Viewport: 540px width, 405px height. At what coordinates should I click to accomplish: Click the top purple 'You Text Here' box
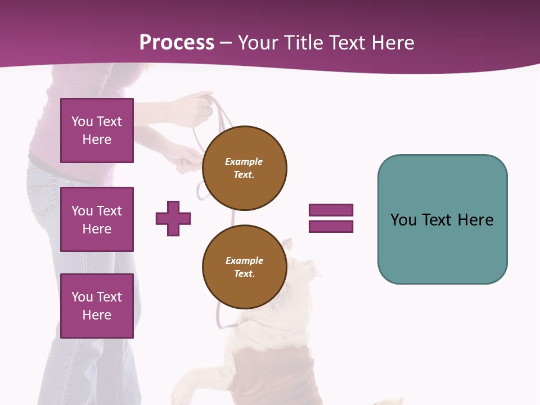(x=97, y=130)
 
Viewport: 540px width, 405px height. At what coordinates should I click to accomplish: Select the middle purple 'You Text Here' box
(x=97, y=219)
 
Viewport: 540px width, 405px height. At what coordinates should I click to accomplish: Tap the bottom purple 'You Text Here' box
(x=97, y=306)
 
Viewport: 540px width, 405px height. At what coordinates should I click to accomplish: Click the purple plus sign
(x=173, y=218)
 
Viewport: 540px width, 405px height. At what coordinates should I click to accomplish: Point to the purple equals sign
(x=331, y=218)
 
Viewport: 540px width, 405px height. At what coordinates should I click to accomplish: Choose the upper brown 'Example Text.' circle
(x=244, y=168)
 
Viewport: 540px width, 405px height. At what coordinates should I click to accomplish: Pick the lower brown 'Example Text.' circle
(x=244, y=267)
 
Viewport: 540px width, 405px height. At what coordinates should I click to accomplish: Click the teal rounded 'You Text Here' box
(x=442, y=219)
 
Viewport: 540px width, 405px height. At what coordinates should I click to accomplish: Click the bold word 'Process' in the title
(x=177, y=42)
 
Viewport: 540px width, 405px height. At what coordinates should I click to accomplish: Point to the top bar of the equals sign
(x=331, y=210)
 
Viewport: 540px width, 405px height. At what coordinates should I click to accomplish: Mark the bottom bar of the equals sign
(x=331, y=227)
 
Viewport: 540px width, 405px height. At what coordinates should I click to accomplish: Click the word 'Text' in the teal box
(x=439, y=219)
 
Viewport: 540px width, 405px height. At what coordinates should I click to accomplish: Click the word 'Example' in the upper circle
(x=244, y=161)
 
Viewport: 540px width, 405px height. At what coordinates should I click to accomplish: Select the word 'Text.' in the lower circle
(x=244, y=273)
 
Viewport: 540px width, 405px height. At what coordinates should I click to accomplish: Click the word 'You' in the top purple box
(x=82, y=121)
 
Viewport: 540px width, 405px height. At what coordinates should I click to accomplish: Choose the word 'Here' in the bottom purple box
(x=97, y=315)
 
